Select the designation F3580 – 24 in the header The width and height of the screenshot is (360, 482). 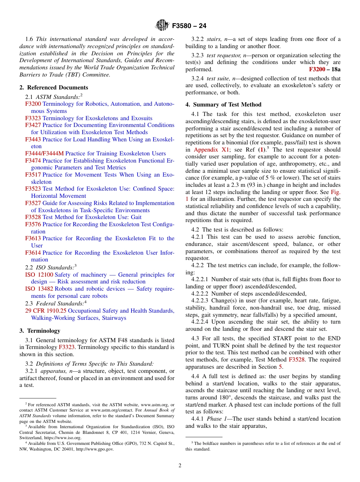point(189,26)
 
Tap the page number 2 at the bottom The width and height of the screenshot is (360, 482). point(180,465)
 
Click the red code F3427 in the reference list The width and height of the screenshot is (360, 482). point(33,125)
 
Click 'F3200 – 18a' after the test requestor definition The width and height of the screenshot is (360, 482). point(324,69)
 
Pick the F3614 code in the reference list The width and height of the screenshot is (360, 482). point(33,253)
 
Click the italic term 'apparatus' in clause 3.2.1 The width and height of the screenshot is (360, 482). point(49,371)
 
